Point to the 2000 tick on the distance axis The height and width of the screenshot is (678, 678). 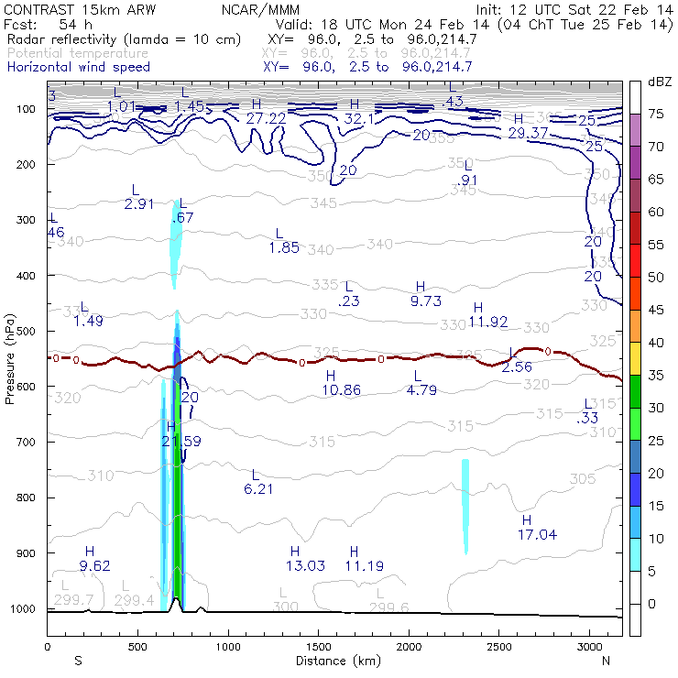(408, 647)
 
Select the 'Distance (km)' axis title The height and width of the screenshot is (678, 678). (334, 661)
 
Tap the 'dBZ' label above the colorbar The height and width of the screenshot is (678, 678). (660, 82)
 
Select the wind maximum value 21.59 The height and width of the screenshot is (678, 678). (180, 442)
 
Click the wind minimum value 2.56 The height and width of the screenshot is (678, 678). (517, 366)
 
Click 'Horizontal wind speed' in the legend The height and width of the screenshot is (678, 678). (79, 67)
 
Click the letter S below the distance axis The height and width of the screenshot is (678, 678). (78, 661)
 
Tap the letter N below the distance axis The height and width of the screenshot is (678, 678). (606, 661)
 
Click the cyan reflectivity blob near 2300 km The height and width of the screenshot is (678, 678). (465, 504)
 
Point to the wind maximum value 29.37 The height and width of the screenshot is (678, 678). (528, 133)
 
